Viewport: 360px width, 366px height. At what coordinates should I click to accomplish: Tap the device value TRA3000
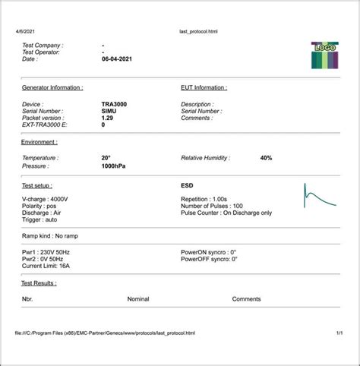[x=114, y=103]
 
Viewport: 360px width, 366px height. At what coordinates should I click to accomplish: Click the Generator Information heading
[x=52, y=87]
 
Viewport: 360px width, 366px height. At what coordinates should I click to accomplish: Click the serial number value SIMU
[x=109, y=111]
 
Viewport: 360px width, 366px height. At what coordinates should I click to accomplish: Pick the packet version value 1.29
[x=109, y=118]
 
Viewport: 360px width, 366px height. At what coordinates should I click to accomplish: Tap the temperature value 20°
[x=106, y=158]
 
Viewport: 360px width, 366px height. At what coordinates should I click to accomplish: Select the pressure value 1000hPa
[x=113, y=165]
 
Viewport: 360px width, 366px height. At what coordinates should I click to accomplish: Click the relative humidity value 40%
[x=266, y=158]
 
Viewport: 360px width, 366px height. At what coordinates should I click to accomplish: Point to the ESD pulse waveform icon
[x=319, y=197]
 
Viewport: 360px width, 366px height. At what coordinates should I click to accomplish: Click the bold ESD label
[x=187, y=185]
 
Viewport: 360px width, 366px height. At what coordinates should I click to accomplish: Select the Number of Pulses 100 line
[x=212, y=206]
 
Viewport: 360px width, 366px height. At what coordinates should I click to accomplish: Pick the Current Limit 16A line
[x=46, y=266]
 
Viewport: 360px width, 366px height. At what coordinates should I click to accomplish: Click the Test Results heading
[x=39, y=282]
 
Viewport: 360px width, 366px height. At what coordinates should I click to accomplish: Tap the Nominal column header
[x=138, y=299]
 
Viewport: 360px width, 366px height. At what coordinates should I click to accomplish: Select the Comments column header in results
[x=246, y=299]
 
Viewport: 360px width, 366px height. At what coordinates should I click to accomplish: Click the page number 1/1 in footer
[x=339, y=333]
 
